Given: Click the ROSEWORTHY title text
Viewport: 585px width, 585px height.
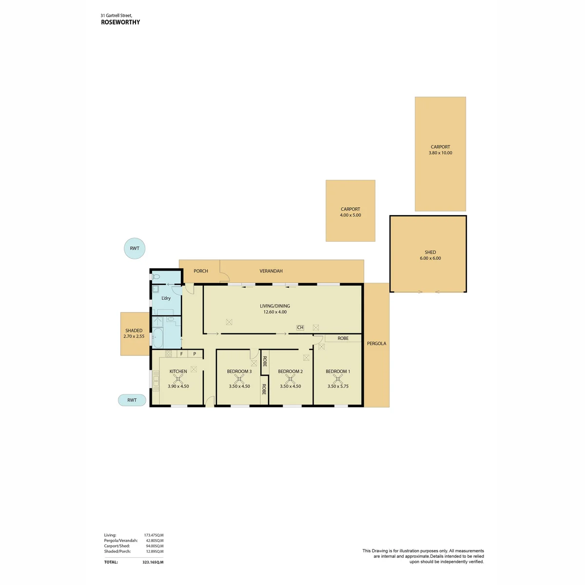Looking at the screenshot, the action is pyautogui.click(x=120, y=22).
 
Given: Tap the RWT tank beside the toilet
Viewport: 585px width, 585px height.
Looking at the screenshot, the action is pyautogui.click(x=135, y=248).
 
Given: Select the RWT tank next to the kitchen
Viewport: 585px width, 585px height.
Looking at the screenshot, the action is pyautogui.click(x=132, y=400).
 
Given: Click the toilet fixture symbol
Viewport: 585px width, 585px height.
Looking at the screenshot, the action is pyautogui.click(x=156, y=276).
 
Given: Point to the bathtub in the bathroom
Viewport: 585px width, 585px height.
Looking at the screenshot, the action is pyautogui.click(x=157, y=338).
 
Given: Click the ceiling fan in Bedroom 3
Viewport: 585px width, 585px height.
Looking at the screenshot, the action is pyautogui.click(x=239, y=379).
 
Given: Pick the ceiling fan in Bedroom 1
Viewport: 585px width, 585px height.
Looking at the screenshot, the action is pyautogui.click(x=337, y=379).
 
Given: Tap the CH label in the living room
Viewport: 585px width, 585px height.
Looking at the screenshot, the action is pyautogui.click(x=300, y=327).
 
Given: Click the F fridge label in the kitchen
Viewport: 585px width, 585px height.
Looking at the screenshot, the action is pyautogui.click(x=181, y=353).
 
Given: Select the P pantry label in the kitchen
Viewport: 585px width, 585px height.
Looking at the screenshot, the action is pyautogui.click(x=195, y=353).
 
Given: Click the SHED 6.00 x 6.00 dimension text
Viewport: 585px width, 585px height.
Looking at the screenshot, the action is pyautogui.click(x=430, y=258).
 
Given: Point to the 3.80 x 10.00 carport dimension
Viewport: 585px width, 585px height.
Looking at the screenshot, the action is pyautogui.click(x=440, y=153).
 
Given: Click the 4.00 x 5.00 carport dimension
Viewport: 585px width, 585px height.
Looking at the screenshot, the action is pyautogui.click(x=351, y=215).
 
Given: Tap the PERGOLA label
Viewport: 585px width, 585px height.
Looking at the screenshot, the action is pyautogui.click(x=376, y=343).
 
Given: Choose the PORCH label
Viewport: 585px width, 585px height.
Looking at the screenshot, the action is pyautogui.click(x=201, y=271).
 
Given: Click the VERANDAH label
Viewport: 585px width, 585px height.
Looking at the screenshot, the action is pyautogui.click(x=271, y=271).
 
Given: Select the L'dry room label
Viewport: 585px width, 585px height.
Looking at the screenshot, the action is pyautogui.click(x=166, y=298).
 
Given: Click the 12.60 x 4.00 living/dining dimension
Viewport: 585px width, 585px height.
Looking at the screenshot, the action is pyautogui.click(x=275, y=312).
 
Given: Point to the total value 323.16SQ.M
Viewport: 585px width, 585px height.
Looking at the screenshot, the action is pyautogui.click(x=153, y=562).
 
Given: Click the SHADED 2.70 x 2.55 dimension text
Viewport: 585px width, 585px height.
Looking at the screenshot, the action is pyautogui.click(x=134, y=336).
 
